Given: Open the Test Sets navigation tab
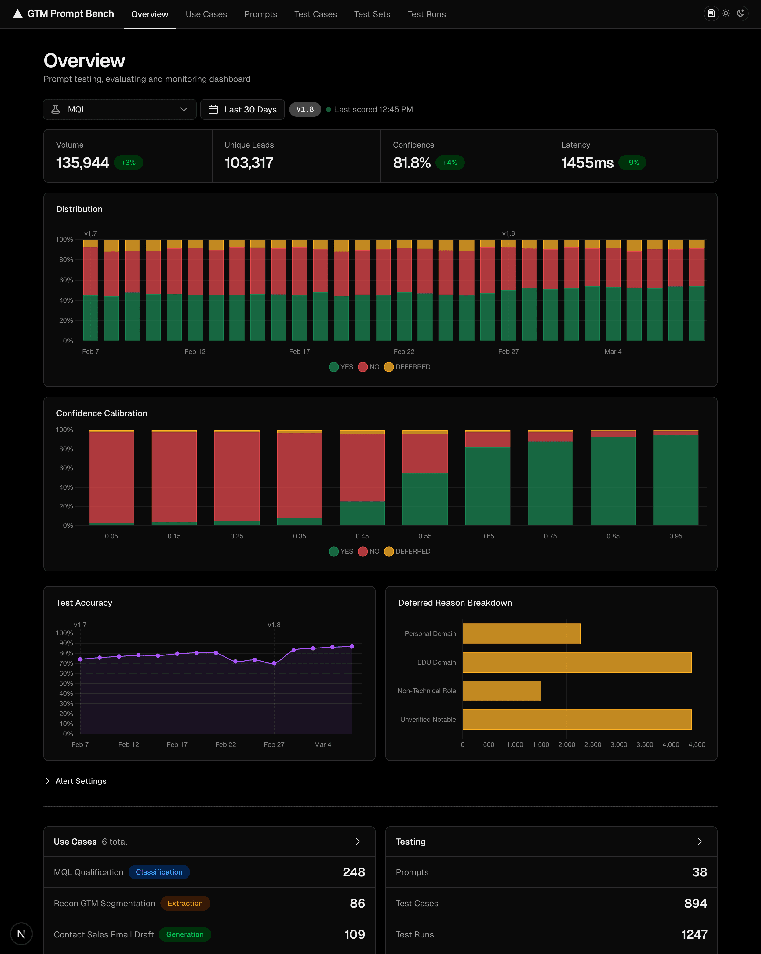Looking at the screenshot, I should tap(372, 14).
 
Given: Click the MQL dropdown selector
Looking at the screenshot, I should tap(119, 109).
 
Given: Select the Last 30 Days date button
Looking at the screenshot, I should tap(242, 109).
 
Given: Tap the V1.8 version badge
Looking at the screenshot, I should tap(305, 109).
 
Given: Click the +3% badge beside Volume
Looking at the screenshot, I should tap(128, 163).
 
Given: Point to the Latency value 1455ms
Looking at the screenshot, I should tap(587, 163).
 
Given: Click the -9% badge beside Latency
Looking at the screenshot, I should tap(632, 163).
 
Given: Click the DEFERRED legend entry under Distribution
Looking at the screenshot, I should tap(407, 367).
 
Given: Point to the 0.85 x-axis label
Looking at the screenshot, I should tap(613, 536).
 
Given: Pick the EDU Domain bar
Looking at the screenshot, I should tap(577, 662).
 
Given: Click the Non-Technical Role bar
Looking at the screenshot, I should tap(502, 691).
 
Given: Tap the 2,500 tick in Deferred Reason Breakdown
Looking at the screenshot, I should tap(592, 745).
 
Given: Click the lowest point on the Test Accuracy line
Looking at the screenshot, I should tap(274, 663).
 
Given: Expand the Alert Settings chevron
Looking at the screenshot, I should tap(47, 781).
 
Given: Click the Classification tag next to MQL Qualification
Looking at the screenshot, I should tap(159, 872).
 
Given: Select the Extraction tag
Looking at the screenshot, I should tap(185, 903).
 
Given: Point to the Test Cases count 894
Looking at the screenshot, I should tap(695, 903).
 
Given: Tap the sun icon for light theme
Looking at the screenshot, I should tap(726, 13).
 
